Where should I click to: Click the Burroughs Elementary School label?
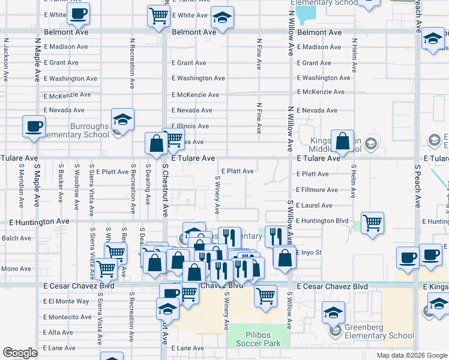pos(89,131)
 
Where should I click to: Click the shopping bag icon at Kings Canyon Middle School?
pos(342,142)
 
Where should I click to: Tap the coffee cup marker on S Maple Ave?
pos(34,127)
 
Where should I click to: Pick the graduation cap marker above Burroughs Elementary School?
pos(122,119)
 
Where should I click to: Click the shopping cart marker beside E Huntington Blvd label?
pos(373,223)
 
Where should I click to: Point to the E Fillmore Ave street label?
pos(317,190)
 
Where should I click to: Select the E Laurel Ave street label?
pos(315,205)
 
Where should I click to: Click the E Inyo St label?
pos(310,253)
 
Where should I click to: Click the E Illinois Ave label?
pos(190,126)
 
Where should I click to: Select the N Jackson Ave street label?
pos(6,60)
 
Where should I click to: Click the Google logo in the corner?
pos(20,353)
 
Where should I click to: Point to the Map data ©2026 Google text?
pos(412,355)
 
